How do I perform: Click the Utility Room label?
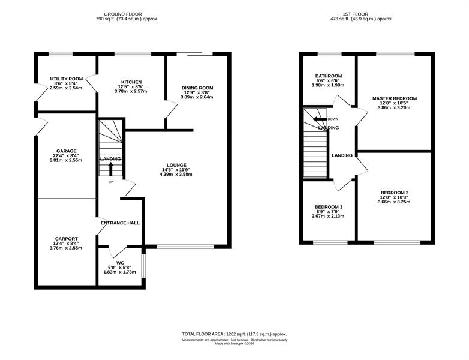(67, 79)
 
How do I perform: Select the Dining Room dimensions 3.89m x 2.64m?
(197, 97)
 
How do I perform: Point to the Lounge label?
(176, 165)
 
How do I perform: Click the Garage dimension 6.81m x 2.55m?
(66, 160)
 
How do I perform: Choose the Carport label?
(67, 239)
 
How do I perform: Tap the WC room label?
(120, 263)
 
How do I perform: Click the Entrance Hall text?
(120, 223)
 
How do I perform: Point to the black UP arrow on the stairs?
(110, 169)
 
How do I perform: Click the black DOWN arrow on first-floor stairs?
(320, 119)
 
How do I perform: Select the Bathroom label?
(329, 76)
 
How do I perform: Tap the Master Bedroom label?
(395, 98)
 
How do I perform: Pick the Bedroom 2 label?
(395, 193)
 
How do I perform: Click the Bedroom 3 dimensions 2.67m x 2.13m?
(328, 216)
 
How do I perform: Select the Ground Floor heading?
(123, 14)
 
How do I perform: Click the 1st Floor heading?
(355, 14)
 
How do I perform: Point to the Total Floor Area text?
(235, 334)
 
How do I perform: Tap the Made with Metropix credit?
(235, 344)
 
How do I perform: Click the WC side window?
(143, 266)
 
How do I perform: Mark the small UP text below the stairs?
(110, 182)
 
